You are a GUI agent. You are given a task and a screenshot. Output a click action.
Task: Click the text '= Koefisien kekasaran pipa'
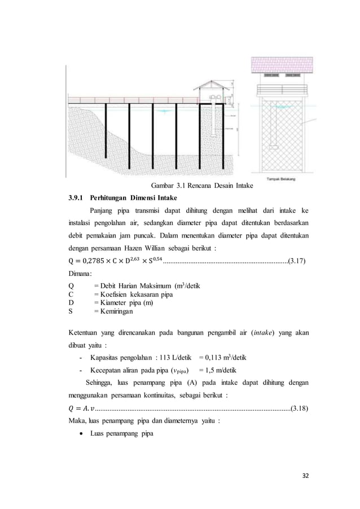[x=133, y=294]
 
